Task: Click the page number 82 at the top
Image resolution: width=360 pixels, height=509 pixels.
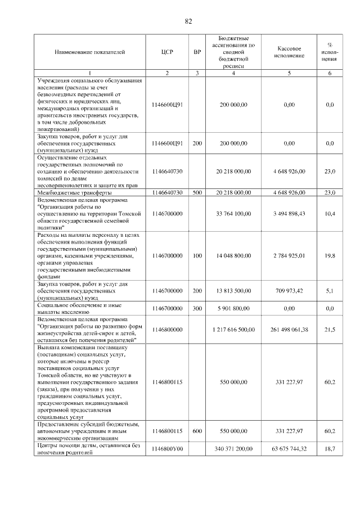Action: (x=188, y=21)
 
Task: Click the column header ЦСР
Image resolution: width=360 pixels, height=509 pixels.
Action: (x=166, y=52)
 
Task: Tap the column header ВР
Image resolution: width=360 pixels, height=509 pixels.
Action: (x=197, y=52)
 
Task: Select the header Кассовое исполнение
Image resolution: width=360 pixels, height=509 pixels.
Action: (x=289, y=52)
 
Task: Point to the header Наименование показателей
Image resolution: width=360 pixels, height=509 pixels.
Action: (x=89, y=52)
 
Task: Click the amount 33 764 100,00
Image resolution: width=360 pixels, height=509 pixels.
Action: (x=233, y=214)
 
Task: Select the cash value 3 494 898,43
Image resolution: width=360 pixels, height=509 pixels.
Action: (x=289, y=214)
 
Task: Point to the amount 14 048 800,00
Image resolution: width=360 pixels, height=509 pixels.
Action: (x=233, y=256)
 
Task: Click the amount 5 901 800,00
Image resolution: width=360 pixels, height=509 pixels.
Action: (x=233, y=308)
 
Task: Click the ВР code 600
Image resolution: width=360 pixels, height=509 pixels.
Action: (x=197, y=431)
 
